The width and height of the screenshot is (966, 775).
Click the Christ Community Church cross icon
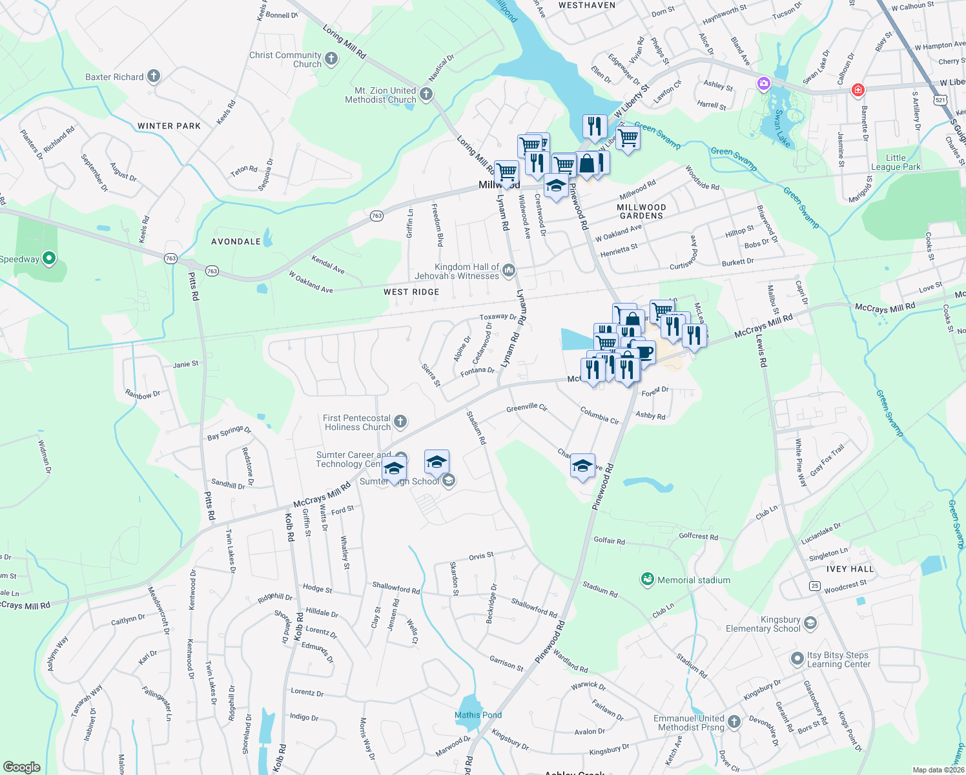331,60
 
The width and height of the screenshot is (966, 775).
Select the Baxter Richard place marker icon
153,76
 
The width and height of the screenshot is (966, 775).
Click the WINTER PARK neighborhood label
169,126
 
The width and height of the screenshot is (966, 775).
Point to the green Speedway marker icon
48,259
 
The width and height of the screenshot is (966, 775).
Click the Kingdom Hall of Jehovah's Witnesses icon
509,271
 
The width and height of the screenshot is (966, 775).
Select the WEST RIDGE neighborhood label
411,292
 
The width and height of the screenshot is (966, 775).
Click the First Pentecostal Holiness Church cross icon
400,422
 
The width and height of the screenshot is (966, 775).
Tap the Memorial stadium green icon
647,579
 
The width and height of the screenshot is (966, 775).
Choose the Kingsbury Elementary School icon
811,623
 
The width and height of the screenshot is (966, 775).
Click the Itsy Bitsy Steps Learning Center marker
798,659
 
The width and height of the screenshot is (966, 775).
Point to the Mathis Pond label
478,715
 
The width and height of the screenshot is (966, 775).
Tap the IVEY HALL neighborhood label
850,569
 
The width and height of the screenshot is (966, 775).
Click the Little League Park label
896,162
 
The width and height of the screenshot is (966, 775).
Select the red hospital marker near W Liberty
858,90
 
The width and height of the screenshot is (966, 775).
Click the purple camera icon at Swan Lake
764,84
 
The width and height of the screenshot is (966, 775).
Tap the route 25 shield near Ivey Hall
815,586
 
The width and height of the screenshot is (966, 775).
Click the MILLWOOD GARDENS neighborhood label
641,211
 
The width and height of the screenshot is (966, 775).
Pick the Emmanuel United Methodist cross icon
734,721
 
